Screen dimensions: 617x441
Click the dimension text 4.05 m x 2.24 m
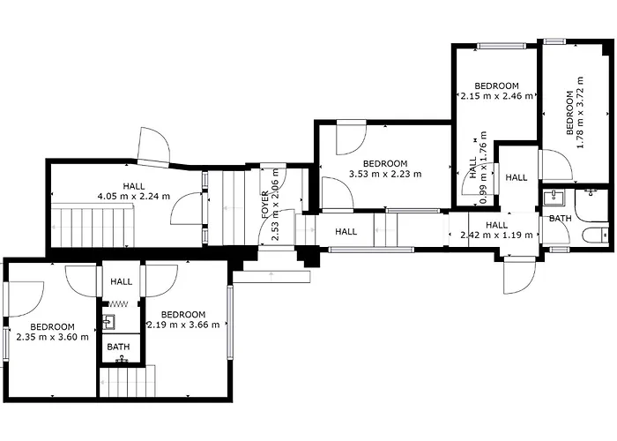click(x=134, y=196)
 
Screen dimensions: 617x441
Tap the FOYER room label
click(x=265, y=205)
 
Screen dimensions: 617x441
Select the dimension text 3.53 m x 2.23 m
click(x=385, y=174)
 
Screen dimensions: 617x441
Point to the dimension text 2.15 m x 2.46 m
click(x=497, y=95)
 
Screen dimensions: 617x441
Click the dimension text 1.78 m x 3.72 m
click(x=579, y=113)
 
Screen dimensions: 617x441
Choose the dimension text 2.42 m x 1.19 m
click(x=496, y=235)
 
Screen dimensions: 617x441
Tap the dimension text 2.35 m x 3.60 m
click(x=52, y=337)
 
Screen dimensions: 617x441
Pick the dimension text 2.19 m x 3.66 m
click(x=183, y=325)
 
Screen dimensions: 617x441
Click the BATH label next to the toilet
click(x=560, y=218)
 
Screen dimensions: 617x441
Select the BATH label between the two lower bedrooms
click(x=118, y=347)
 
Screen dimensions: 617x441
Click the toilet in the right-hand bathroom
click(x=595, y=235)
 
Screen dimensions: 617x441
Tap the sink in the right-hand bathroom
click(x=554, y=198)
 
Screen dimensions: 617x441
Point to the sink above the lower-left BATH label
click(x=108, y=322)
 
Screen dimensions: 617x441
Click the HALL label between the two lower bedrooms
click(x=122, y=281)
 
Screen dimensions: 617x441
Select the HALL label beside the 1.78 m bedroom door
click(x=517, y=177)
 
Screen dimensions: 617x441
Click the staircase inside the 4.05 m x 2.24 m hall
click(x=92, y=226)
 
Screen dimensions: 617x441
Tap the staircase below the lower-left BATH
click(x=127, y=382)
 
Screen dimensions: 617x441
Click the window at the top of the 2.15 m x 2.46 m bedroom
click(x=502, y=46)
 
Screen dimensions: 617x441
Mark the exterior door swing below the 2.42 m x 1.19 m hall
click(x=519, y=275)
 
